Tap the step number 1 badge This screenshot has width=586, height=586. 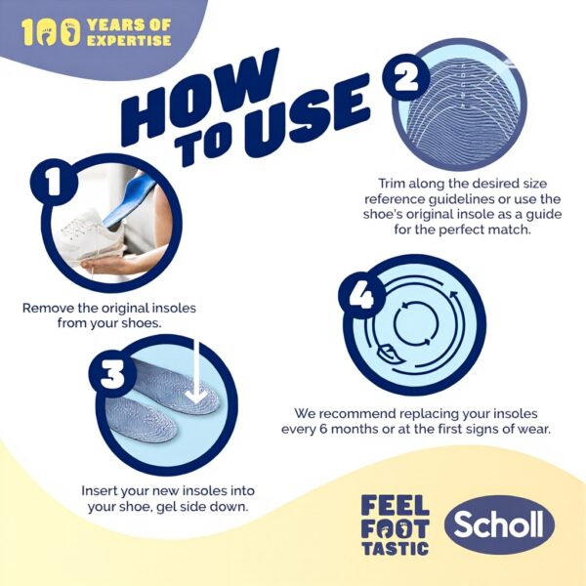(x=54, y=182)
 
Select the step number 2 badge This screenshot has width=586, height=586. (x=406, y=77)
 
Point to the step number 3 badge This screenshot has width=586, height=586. (x=112, y=373)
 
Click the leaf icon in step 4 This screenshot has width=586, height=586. (x=388, y=355)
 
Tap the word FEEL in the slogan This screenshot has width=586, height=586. (x=395, y=505)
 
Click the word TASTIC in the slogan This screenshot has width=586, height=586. (x=395, y=548)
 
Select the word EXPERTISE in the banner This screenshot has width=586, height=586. (x=129, y=40)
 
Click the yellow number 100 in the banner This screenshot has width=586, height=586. (x=51, y=32)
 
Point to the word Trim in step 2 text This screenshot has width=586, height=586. (x=392, y=184)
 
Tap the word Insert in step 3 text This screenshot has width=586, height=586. (x=98, y=490)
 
